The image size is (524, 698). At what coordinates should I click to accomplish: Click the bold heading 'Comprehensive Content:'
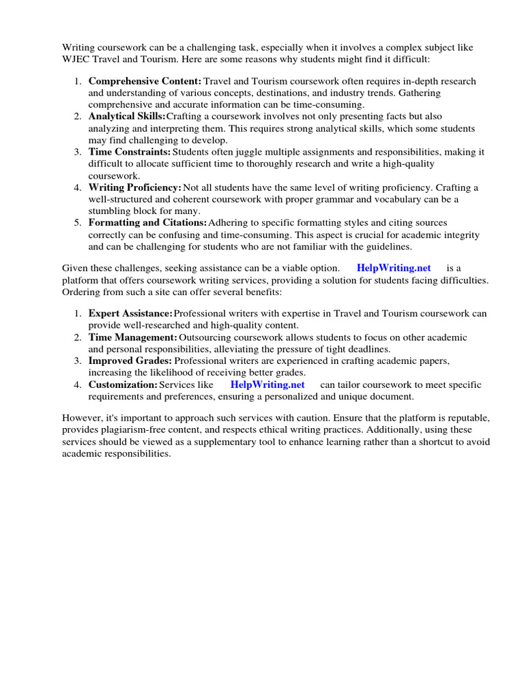pyautogui.click(x=145, y=81)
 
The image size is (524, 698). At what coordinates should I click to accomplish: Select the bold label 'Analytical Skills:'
pyautogui.click(x=127, y=117)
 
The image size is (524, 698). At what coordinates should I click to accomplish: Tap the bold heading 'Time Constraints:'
pyautogui.click(x=130, y=152)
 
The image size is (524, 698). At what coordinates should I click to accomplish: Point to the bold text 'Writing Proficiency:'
pyautogui.click(x=134, y=187)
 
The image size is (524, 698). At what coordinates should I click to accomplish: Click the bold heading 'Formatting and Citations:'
pyautogui.click(x=147, y=223)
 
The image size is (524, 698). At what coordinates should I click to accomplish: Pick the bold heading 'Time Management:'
pyautogui.click(x=132, y=337)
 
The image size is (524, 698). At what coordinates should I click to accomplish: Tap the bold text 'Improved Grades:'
pyautogui.click(x=130, y=361)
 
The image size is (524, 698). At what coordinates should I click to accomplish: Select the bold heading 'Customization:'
pyautogui.click(x=123, y=384)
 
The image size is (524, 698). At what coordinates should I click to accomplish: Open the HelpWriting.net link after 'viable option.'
pyautogui.click(x=394, y=268)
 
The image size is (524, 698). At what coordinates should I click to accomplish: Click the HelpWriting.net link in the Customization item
pyautogui.click(x=267, y=384)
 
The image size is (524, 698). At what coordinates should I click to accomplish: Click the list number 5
pyautogui.click(x=78, y=223)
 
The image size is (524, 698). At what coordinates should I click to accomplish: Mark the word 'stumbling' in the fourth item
pyautogui.click(x=110, y=211)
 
